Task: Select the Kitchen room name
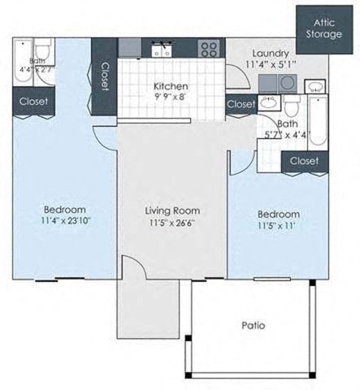pyautogui.click(x=171, y=87)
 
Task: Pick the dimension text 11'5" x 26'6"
pyautogui.click(x=171, y=223)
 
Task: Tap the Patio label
pyautogui.click(x=254, y=326)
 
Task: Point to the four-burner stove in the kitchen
pyautogui.click(x=209, y=49)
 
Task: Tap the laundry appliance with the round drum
pyautogui.click(x=287, y=83)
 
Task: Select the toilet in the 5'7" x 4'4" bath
pyautogui.click(x=291, y=106)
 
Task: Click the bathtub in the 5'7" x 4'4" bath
pyautogui.click(x=316, y=122)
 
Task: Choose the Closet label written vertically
pyautogui.click(x=105, y=78)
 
